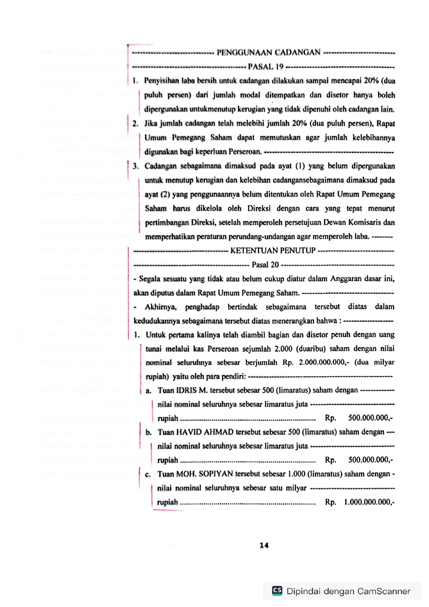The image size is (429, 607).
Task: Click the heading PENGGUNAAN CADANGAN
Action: click(x=268, y=53)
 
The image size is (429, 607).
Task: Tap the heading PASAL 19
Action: click(x=266, y=67)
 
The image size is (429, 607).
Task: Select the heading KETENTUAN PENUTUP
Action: click(x=273, y=250)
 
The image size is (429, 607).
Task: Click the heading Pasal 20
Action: click(x=265, y=265)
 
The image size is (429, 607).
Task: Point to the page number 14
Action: click(x=264, y=545)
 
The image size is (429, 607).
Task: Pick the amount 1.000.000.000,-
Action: click(x=369, y=502)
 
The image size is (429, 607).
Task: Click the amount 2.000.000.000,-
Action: click(x=324, y=362)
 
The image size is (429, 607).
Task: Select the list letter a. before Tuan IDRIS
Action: click(x=148, y=391)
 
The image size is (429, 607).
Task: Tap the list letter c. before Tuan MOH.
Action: click(x=148, y=475)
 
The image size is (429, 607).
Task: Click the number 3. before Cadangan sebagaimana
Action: click(x=135, y=166)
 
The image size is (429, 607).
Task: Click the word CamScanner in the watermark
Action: click(x=384, y=591)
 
